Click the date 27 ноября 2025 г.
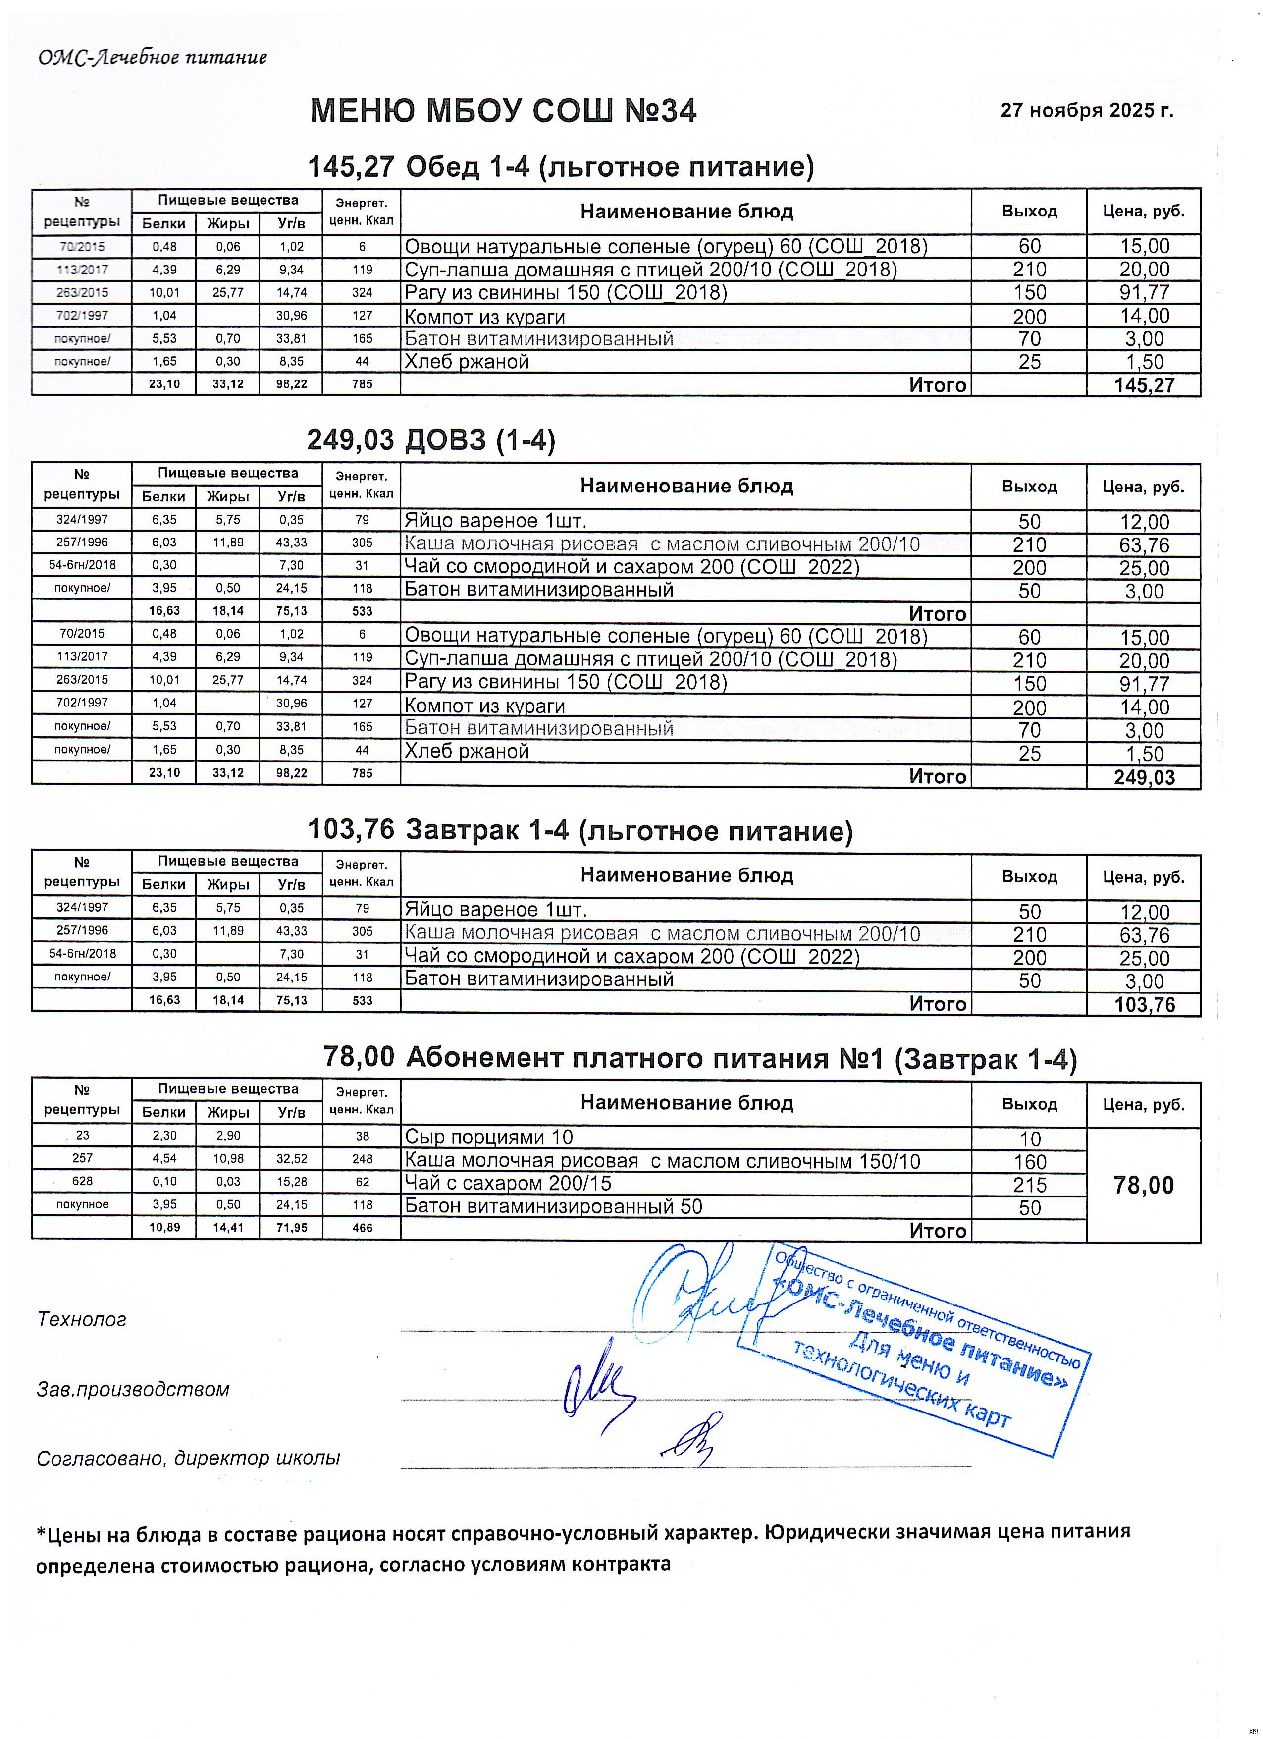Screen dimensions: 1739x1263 pyautogui.click(x=1086, y=110)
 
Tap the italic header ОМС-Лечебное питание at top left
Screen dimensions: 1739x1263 pyautogui.click(x=153, y=57)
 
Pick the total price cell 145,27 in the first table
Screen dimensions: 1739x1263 pyautogui.click(x=1144, y=385)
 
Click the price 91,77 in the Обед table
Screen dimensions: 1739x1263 pyautogui.click(x=1144, y=293)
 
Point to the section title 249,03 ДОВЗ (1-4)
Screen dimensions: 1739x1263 pyautogui.click(x=431, y=440)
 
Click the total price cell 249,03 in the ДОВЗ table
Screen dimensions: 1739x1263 pyautogui.click(x=1144, y=777)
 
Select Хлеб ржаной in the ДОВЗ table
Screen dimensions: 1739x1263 pyautogui.click(x=467, y=752)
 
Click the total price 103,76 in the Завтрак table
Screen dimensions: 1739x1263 pyautogui.click(x=1144, y=1004)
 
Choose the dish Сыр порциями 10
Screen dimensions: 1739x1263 pyautogui.click(x=488, y=1137)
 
